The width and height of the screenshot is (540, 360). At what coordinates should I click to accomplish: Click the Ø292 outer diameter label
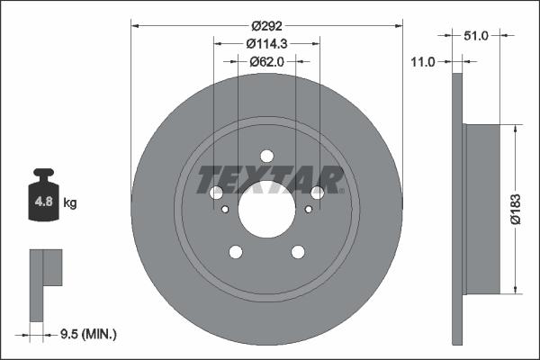coord(266,26)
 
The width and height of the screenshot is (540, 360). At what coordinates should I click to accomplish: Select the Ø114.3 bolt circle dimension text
coord(266,43)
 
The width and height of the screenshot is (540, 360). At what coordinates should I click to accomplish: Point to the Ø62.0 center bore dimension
coord(266,61)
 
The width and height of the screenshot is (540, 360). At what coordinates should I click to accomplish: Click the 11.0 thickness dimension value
coord(421,61)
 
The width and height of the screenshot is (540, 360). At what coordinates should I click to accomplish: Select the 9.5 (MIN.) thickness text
coord(86,334)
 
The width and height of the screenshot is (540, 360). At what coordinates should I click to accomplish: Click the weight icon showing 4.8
coord(43,199)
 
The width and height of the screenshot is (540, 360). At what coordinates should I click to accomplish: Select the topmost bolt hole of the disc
coord(266,156)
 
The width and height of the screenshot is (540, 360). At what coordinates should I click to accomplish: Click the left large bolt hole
coord(216,193)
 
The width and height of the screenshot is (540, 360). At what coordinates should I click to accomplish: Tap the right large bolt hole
coord(317,193)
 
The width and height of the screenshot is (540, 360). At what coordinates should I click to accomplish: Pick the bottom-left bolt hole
coord(236,252)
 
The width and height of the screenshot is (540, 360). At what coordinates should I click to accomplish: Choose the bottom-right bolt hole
coord(297,252)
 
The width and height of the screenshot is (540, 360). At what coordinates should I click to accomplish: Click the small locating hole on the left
coord(224,210)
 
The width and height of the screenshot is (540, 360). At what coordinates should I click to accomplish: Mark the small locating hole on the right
coord(309,210)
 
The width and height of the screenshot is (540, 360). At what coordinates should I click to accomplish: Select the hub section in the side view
coord(481,207)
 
